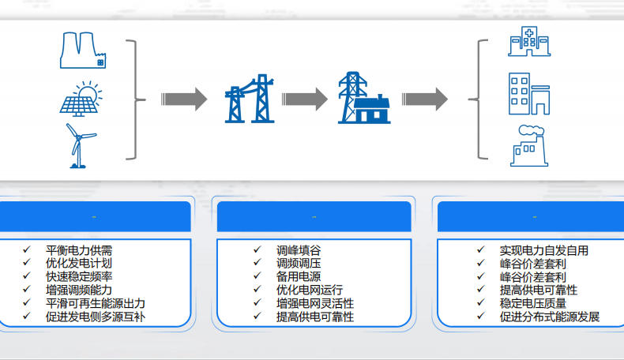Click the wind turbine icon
pyautogui.click(x=79, y=144)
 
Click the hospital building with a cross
pyautogui.click(x=525, y=41)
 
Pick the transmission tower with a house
pyautogui.click(x=363, y=99)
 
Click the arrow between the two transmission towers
pyautogui.click(x=304, y=99)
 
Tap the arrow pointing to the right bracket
pyautogui.click(x=424, y=99)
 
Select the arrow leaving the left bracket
pyautogui.click(x=183, y=99)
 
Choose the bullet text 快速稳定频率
pyautogui.click(x=79, y=276)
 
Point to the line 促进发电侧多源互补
pyautogui.click(x=96, y=317)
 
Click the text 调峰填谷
pyautogui.click(x=299, y=250)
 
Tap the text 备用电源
pyautogui.click(x=299, y=276)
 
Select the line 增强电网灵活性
pyautogui.click(x=315, y=303)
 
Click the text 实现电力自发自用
pyautogui.click(x=544, y=250)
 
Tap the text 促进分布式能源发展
pyautogui.click(x=550, y=317)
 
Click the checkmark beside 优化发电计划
pyautogui.click(x=28, y=263)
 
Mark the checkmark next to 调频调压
pyautogui.click(x=257, y=263)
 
